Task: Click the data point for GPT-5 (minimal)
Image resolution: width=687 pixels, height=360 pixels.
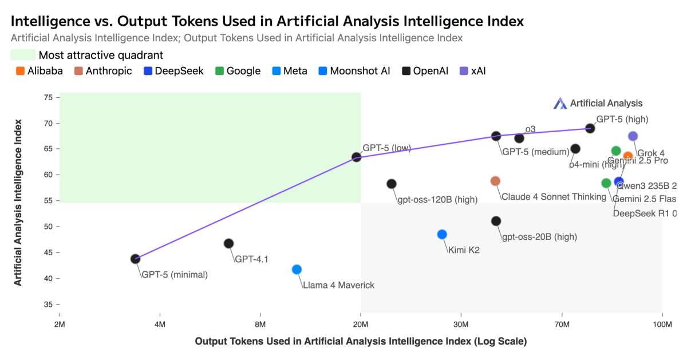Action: pos(135,259)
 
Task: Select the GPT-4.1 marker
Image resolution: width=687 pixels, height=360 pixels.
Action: pos(228,243)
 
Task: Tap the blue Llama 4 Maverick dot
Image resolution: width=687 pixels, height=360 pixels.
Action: pos(297,270)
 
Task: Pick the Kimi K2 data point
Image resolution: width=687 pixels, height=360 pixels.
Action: pos(442,234)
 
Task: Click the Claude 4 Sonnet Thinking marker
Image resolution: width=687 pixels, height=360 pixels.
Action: pos(495,181)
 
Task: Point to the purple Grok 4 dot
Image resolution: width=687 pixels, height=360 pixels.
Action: pos(633,136)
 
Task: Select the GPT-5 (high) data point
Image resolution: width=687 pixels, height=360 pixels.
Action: pos(590,128)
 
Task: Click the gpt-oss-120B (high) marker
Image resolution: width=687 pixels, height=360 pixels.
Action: pos(392,184)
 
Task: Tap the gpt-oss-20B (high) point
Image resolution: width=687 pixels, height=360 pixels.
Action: pos(496,221)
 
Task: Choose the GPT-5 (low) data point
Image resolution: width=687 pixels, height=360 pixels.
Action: pos(356,157)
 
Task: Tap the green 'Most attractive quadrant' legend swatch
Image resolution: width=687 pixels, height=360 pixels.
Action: pos(22,55)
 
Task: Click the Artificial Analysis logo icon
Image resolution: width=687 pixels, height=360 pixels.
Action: pos(559,104)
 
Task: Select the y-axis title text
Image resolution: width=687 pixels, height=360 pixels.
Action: pos(18,203)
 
